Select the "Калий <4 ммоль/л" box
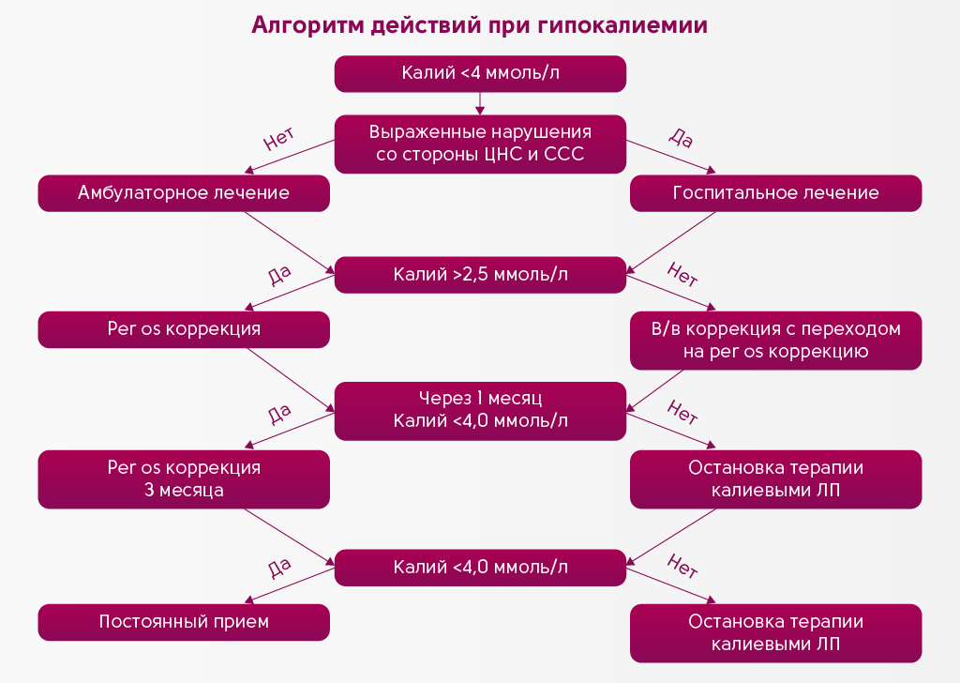480,73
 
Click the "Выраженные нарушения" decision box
480,143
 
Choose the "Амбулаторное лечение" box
184,193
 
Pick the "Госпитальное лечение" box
775,193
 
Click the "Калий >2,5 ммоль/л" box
480,275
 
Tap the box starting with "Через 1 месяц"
480,410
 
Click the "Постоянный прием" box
184,622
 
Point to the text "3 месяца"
184,490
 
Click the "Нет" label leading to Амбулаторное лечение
279,141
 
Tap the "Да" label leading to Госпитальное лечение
681,139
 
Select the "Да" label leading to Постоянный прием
279,568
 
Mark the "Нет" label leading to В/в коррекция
682,275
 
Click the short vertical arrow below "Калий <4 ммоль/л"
480,102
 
